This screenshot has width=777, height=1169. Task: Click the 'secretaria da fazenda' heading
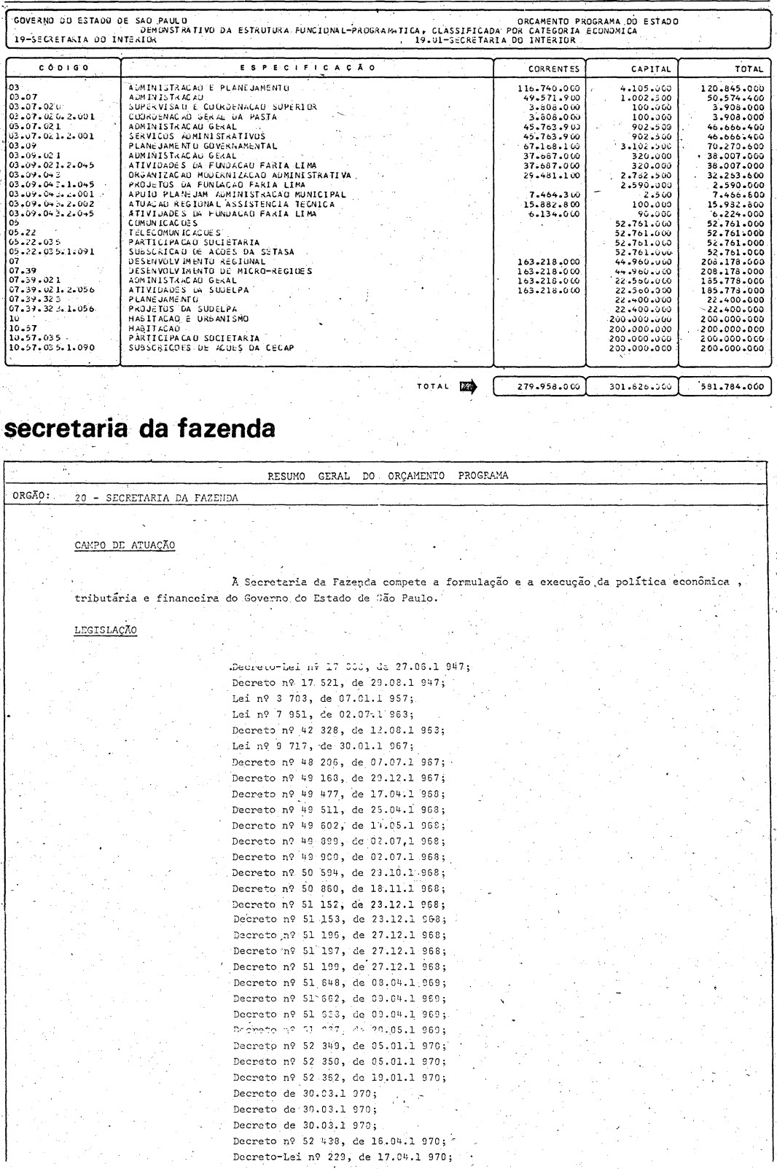coord(140,429)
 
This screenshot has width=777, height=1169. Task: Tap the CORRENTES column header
coord(539,69)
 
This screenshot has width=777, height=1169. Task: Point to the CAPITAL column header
coord(631,69)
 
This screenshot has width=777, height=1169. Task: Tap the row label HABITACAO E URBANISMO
coord(188,319)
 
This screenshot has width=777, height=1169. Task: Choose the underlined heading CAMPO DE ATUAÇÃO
coord(125,546)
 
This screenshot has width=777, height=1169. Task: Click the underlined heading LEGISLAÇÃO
coord(105,630)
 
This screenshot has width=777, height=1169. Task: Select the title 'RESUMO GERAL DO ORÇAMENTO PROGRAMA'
coord(388,476)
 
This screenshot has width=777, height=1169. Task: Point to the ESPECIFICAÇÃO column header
coord(307,68)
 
